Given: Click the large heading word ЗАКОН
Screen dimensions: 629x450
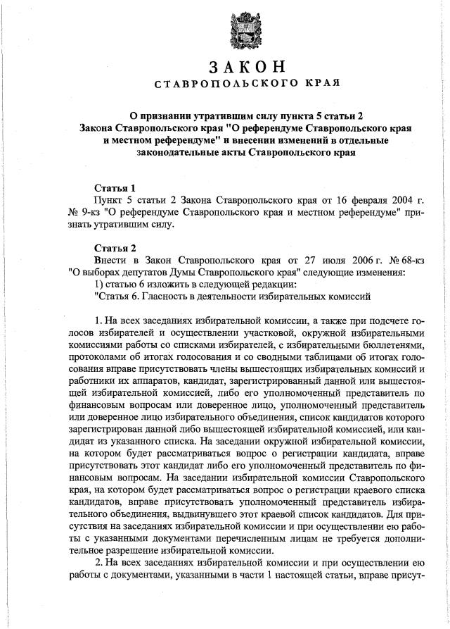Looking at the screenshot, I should point(247,68).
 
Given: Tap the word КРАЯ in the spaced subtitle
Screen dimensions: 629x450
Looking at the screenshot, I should point(321,84).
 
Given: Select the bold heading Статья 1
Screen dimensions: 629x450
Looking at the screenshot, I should point(115,188).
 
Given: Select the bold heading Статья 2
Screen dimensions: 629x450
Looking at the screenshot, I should point(115,248).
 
